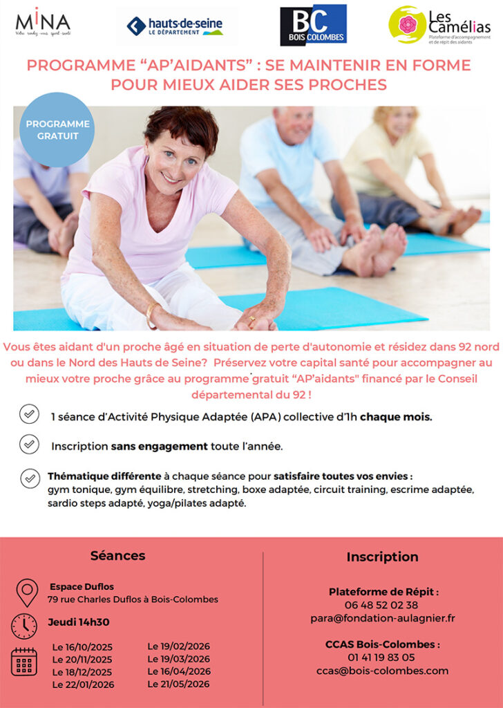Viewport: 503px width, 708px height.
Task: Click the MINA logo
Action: coord(43,23)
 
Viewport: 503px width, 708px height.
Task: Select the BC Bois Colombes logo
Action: coord(313,25)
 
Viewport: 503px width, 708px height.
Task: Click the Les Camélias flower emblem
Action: coord(407,24)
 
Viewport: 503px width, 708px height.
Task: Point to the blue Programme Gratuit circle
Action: coord(57,129)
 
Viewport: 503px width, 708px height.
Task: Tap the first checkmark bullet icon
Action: coord(29,414)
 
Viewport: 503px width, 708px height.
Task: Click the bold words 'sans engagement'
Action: coord(159,447)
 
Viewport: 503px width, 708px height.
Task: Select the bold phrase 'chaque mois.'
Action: coord(396,417)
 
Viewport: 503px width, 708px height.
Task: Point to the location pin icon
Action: coord(27,593)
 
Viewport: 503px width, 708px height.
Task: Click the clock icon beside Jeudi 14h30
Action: coord(24,626)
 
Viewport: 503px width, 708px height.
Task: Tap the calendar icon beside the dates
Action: coord(24,662)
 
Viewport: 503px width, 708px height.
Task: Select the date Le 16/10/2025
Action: coord(82,647)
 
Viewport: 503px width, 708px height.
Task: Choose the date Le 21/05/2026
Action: coord(178,684)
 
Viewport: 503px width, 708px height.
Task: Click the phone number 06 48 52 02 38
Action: coord(381,605)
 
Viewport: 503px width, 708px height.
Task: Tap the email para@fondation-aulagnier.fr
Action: coord(383,618)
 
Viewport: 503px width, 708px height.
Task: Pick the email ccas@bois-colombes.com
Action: coord(383,671)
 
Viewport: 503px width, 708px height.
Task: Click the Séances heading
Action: coord(117,555)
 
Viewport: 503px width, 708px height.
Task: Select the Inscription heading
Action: coord(383,557)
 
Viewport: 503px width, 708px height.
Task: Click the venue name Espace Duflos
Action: coord(82,586)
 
